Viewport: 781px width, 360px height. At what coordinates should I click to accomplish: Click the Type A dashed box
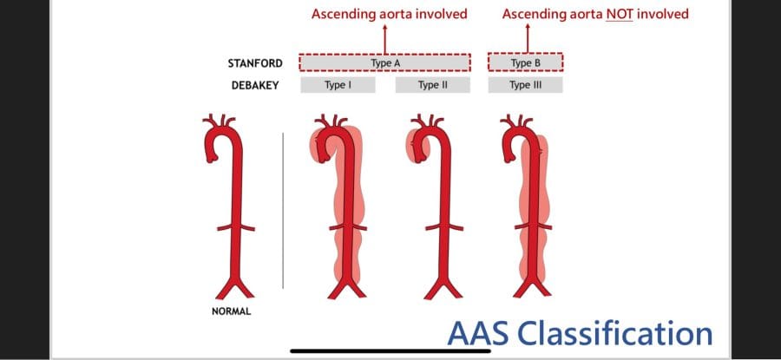tap(384, 62)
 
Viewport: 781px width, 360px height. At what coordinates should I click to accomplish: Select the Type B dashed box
tap(525, 62)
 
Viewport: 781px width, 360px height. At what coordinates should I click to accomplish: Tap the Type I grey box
tap(338, 85)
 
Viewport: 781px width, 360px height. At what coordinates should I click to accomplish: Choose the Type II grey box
tap(431, 85)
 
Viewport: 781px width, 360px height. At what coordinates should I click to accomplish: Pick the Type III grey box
tap(525, 85)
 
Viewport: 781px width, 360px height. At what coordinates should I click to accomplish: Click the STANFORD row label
tap(249, 63)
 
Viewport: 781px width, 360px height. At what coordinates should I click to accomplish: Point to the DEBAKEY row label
tap(250, 86)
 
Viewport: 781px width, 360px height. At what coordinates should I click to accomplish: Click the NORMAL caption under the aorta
tap(232, 311)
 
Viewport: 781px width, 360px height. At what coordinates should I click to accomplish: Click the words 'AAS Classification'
tap(580, 332)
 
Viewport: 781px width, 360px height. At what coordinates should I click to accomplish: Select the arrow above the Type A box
tap(384, 37)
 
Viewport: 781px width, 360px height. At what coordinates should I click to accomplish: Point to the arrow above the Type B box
tap(526, 37)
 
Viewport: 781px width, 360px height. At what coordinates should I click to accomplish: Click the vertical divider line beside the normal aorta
tap(283, 208)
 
